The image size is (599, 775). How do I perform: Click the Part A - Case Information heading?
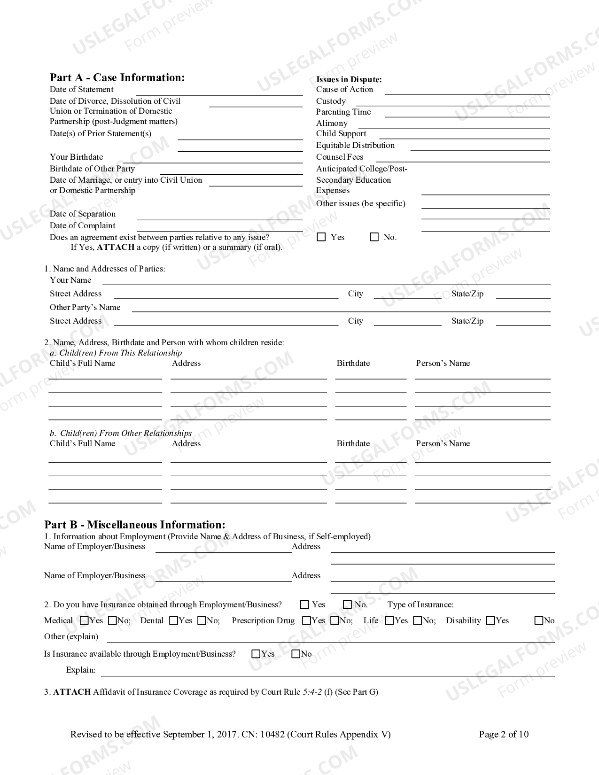point(117,77)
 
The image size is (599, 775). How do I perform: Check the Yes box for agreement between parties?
point(321,237)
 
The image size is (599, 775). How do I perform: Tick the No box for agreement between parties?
point(374,237)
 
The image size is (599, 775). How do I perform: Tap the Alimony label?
point(332,123)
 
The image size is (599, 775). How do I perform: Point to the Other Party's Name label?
point(85,307)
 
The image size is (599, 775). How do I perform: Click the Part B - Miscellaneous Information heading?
point(135,525)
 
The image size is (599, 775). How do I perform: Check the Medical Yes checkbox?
point(85,620)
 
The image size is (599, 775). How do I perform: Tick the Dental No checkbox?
point(202,620)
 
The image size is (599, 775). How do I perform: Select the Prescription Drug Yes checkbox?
point(307,620)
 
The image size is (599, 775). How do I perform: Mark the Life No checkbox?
point(418,620)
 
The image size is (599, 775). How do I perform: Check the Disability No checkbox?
point(539,620)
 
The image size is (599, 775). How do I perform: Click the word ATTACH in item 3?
point(72,692)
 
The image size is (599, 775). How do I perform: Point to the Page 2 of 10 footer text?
point(504,734)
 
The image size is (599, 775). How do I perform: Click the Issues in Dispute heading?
point(349,79)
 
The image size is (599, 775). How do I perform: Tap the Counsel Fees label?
point(339,157)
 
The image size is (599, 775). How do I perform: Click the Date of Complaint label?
point(83,225)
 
